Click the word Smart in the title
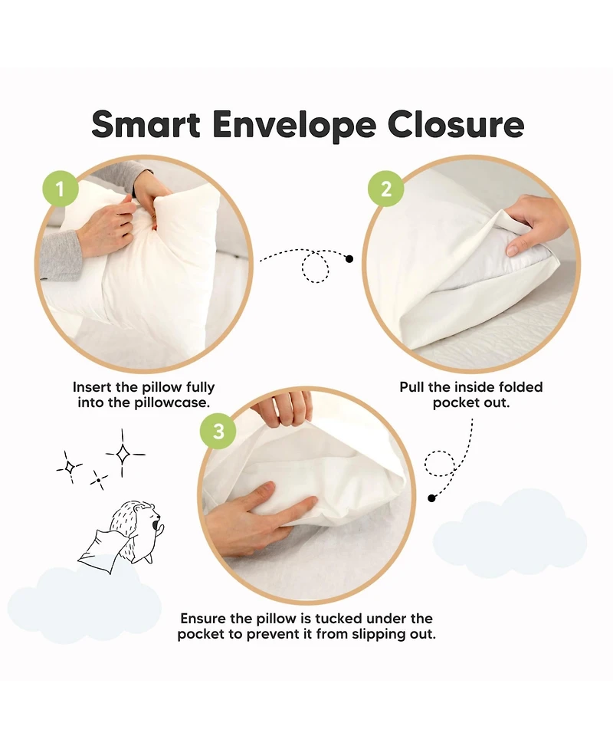pyautogui.click(x=146, y=124)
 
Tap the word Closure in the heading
pyautogui.click(x=456, y=124)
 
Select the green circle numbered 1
pyautogui.click(x=61, y=189)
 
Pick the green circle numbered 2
pyautogui.click(x=385, y=189)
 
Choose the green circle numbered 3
pyautogui.click(x=218, y=431)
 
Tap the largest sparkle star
pyautogui.click(x=123, y=454)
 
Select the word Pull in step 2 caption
pyautogui.click(x=412, y=387)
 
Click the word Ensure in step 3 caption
pyautogui.click(x=204, y=619)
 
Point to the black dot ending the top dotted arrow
pyautogui.click(x=349, y=259)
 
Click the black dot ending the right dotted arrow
pyautogui.click(x=431, y=498)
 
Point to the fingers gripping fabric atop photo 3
pyautogui.click(x=282, y=409)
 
